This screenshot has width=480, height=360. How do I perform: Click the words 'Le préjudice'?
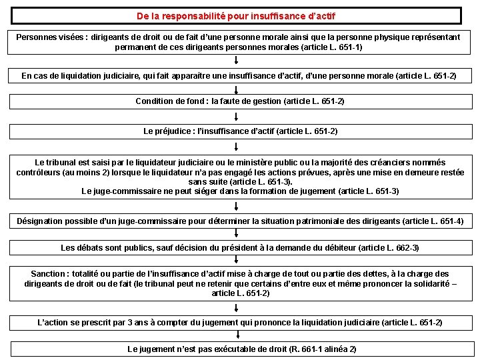pos(167,131)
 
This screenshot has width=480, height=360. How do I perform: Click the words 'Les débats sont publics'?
pos(107,248)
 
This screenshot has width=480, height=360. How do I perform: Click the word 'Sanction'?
pos(49,274)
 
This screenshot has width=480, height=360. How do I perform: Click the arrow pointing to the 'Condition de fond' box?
pos(237,88)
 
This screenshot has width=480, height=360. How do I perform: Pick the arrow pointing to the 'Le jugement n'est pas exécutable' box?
pos(237,336)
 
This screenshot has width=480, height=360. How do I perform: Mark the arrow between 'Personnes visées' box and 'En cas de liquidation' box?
pos(237,61)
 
